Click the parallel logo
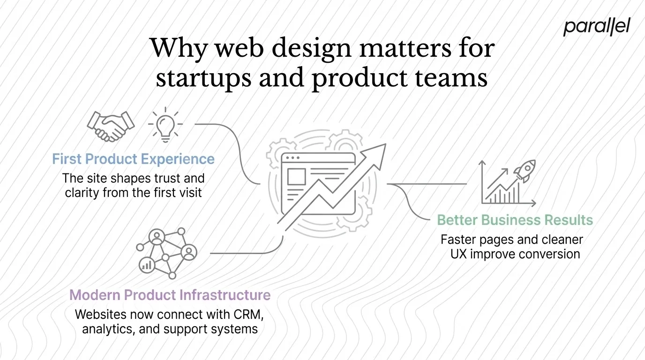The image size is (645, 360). pyautogui.click(x=596, y=27)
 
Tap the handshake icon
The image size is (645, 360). pyautogui.click(x=111, y=125)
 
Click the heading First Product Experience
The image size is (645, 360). pyautogui.click(x=133, y=159)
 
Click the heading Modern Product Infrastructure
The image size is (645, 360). pyautogui.click(x=170, y=295)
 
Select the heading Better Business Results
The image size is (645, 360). pyautogui.click(x=515, y=220)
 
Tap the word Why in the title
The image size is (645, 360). pyautogui.click(x=176, y=48)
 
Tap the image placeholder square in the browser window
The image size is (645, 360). pyautogui.click(x=296, y=177)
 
